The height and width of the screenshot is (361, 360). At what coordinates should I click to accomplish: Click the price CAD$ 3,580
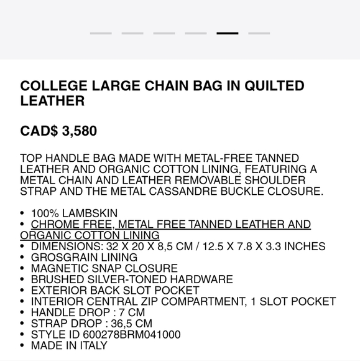click(x=58, y=131)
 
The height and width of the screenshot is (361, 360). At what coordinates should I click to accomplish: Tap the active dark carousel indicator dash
click(x=227, y=34)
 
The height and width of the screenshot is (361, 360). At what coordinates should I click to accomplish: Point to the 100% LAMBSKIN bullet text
click(x=74, y=213)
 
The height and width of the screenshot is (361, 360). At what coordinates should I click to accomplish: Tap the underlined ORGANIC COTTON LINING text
click(x=90, y=235)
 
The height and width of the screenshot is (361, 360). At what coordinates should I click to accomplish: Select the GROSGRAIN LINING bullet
click(x=84, y=258)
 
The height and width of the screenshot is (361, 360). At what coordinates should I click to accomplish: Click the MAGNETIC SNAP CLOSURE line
click(x=104, y=269)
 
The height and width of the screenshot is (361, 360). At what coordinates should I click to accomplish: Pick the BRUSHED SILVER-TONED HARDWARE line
click(x=132, y=280)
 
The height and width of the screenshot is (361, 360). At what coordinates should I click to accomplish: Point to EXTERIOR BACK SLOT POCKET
click(x=115, y=291)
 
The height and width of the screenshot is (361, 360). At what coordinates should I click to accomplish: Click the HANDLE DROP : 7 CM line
click(x=88, y=312)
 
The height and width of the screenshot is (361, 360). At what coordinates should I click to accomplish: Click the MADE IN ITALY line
click(x=69, y=345)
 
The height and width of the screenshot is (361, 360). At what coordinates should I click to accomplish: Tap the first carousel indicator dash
click(x=101, y=34)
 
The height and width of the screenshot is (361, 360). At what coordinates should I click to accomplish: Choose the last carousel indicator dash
click(x=259, y=34)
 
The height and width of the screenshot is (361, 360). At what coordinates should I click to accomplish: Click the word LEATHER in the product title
click(x=52, y=101)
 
